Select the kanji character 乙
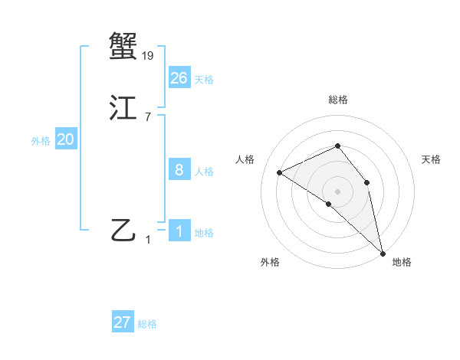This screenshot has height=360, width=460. [x=123, y=229]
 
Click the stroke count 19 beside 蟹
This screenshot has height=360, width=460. [x=149, y=55]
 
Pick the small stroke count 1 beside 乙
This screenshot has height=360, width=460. [x=148, y=240]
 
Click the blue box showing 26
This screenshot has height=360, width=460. [x=179, y=77]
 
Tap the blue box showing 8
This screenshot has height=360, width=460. [x=179, y=169]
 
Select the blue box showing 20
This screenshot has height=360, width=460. [x=66, y=139]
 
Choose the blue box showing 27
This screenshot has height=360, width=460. [x=123, y=322]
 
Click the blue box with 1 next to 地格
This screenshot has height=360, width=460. [x=179, y=231]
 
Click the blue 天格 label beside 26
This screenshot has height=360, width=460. [x=204, y=80]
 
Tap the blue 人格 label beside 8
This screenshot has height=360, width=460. [x=204, y=172]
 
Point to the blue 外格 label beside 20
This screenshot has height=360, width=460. [x=41, y=141]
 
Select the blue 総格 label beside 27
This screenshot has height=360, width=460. [x=147, y=324]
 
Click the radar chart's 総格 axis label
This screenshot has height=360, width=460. [x=338, y=100]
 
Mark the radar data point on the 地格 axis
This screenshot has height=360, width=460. [x=383, y=252]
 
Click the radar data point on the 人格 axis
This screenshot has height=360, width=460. [x=280, y=172]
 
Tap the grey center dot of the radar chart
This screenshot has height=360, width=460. [x=337, y=191]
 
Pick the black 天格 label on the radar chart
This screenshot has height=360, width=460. [x=431, y=159]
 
